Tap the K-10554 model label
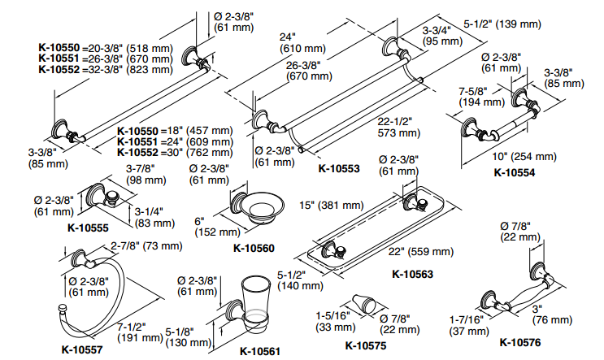pos(518,172)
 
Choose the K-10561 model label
pos(261,351)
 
